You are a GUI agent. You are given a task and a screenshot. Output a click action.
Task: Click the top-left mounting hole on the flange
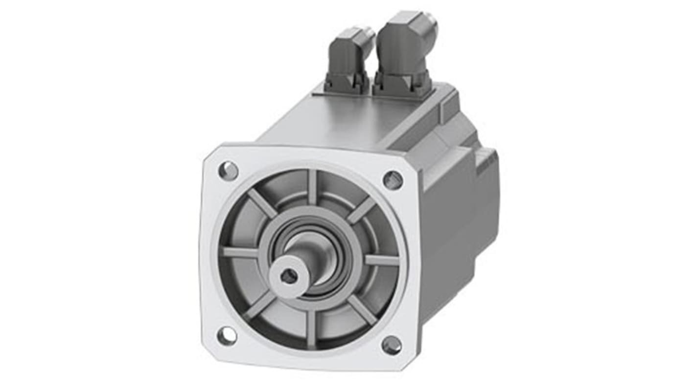228,171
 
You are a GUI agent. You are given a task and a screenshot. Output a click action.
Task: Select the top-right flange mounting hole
393,180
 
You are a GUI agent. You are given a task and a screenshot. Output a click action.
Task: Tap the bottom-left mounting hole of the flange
227,336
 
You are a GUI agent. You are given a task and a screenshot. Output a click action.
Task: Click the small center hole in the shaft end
289,277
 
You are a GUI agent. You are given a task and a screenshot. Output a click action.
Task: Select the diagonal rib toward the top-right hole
361,210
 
